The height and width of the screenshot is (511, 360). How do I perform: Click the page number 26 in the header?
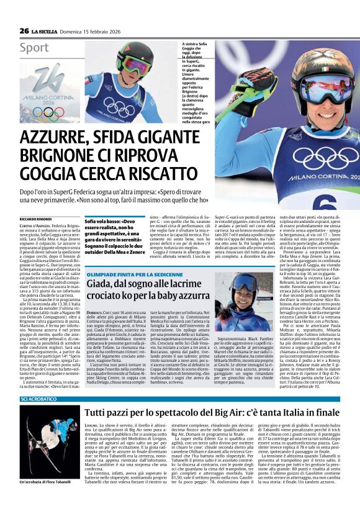click(24, 30)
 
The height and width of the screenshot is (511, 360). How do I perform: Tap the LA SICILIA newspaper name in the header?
click(47, 31)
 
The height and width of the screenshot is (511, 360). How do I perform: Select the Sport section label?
click(34, 48)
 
